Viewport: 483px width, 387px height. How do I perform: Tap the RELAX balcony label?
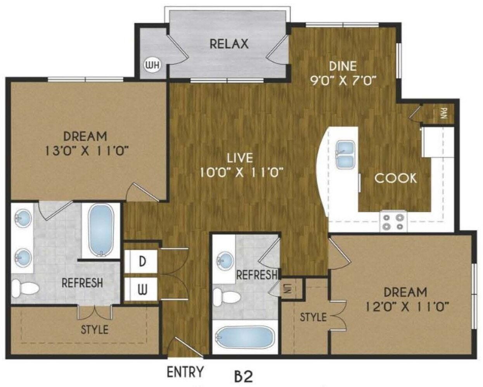click(x=229, y=44)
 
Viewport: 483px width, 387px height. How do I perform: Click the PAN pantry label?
click(x=444, y=113)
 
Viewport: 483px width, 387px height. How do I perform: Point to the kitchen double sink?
click(x=345, y=154)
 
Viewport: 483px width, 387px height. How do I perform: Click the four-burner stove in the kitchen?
click(x=393, y=221)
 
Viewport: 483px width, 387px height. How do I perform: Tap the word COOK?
click(x=395, y=178)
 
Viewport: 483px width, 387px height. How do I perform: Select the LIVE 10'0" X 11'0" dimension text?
click(x=240, y=171)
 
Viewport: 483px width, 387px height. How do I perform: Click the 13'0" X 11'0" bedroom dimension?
click(x=86, y=150)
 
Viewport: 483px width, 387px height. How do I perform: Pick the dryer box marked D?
click(x=142, y=261)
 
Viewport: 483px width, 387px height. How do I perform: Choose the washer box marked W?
click(x=142, y=289)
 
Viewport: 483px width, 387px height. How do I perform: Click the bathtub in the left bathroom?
click(x=101, y=230)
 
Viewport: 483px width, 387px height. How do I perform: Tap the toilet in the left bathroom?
click(x=25, y=288)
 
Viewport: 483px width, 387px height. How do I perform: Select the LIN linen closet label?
click(x=287, y=289)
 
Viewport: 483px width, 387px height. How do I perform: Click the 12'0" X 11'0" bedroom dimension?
click(x=407, y=307)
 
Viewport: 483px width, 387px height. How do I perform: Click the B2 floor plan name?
click(x=244, y=375)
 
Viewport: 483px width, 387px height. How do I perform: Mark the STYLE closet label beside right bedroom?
click(x=313, y=317)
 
